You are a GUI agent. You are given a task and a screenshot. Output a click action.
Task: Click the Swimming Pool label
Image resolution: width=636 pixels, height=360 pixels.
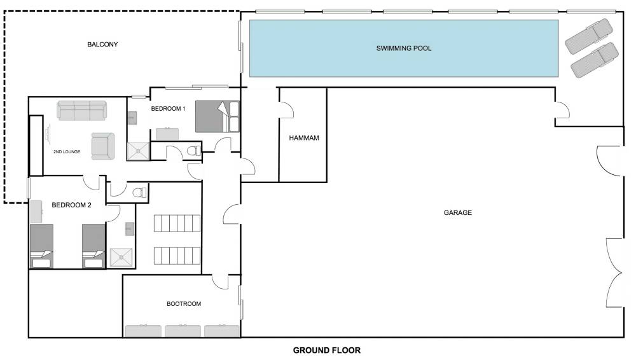(404, 48)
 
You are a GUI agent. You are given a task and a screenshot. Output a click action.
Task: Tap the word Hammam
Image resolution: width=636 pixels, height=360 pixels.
(304, 138)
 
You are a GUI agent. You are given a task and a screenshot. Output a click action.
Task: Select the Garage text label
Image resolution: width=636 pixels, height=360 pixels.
(457, 212)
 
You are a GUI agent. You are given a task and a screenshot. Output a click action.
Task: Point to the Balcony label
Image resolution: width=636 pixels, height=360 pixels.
(102, 45)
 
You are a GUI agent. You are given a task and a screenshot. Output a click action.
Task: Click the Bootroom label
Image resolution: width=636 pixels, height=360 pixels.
(184, 303)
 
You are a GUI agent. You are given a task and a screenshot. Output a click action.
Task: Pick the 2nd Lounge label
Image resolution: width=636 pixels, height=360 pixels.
(67, 152)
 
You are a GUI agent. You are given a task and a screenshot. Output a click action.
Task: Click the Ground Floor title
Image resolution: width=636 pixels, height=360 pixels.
(326, 350)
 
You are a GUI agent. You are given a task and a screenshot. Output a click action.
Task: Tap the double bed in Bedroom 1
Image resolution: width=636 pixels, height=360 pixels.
(218, 116)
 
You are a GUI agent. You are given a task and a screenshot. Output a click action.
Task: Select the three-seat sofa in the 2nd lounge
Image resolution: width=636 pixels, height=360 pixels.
(81, 111)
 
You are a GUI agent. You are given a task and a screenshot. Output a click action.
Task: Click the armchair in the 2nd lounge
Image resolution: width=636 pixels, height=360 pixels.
(102, 146)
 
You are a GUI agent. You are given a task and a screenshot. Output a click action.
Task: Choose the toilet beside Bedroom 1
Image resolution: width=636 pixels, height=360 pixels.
(194, 151)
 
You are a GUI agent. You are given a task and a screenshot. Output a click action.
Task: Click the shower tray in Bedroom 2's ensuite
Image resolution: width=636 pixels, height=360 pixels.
(121, 258)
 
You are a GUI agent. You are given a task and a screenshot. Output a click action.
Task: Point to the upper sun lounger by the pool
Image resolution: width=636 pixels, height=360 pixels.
(589, 36)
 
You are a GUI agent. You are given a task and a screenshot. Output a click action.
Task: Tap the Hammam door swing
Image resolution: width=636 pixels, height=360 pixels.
(287, 109)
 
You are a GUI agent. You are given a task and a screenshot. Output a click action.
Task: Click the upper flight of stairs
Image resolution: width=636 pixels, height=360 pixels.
(177, 223)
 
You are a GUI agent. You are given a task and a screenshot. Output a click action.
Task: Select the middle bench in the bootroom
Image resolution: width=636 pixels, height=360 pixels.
(183, 331)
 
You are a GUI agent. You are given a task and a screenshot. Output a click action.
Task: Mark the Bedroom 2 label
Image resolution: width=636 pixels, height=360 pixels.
(71, 205)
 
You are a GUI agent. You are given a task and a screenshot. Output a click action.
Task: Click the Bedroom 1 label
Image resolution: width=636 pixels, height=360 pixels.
(169, 109)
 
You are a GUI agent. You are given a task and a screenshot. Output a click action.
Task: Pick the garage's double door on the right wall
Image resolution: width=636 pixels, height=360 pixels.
(614, 272)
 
